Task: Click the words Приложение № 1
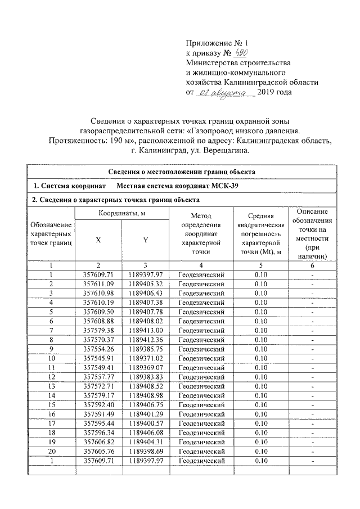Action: (x=216, y=42)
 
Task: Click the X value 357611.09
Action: (x=98, y=283)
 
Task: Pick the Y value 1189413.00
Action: (x=145, y=330)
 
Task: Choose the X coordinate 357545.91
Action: (x=98, y=358)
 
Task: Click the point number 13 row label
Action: (x=51, y=386)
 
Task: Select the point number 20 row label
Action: (x=51, y=451)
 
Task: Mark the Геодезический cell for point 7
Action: (x=201, y=330)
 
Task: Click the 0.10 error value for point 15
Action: (x=260, y=404)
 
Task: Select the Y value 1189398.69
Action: (x=145, y=451)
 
